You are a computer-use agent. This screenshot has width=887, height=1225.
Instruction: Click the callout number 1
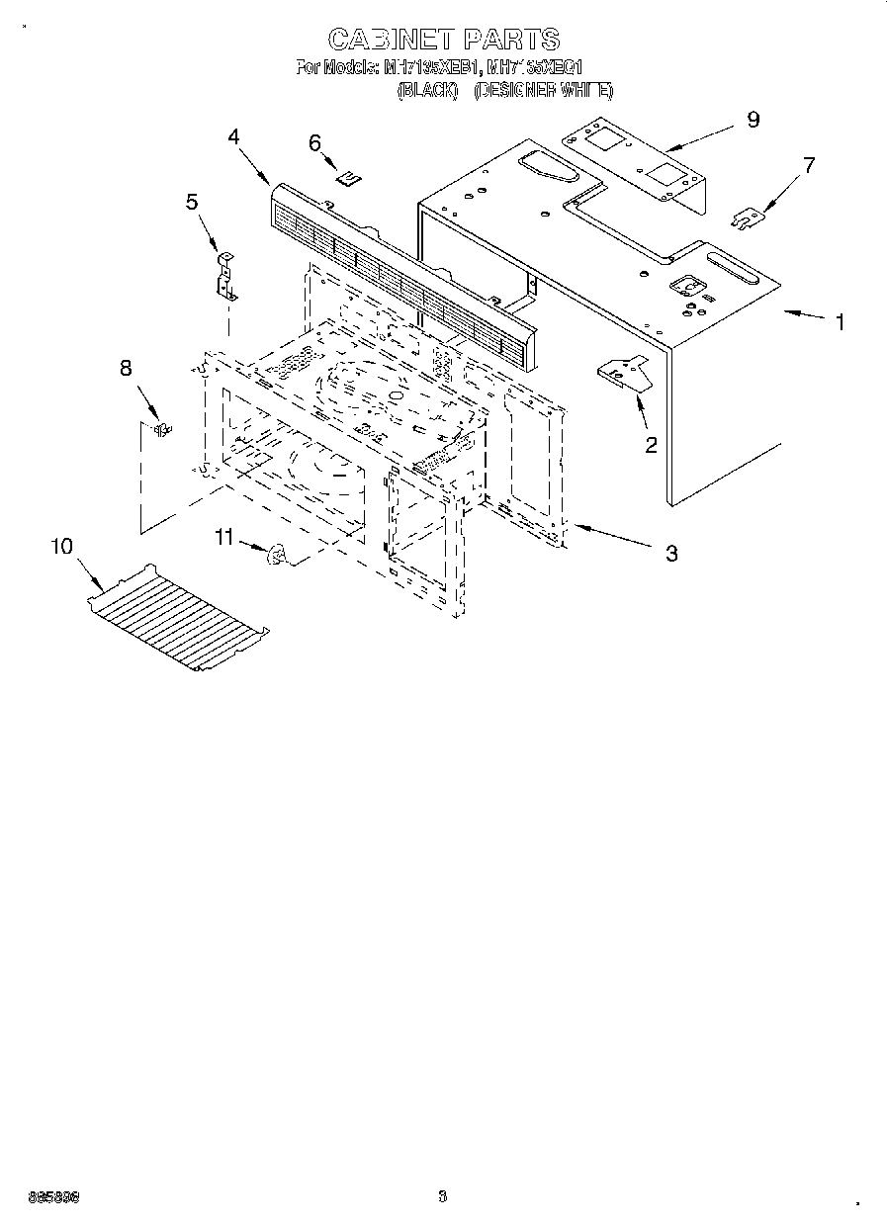[840, 322]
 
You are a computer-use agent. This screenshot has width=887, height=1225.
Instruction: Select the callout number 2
[651, 446]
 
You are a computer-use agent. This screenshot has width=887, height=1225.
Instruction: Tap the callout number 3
[671, 554]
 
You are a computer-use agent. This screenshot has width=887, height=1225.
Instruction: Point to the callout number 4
[234, 136]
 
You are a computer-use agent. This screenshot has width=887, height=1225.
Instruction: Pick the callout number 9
[754, 120]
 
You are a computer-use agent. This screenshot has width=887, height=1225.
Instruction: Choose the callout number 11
[224, 537]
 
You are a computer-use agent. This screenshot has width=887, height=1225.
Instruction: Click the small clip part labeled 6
[348, 178]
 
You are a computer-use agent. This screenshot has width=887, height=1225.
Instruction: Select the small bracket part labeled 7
[745, 217]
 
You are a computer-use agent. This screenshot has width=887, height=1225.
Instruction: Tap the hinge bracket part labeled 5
[226, 277]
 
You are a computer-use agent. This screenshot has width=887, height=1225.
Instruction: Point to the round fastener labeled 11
[277, 557]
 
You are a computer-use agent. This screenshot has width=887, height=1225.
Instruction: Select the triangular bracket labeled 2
[623, 373]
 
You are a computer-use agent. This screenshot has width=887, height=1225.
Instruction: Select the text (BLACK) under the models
[427, 90]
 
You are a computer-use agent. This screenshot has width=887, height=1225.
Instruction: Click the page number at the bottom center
[442, 1197]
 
